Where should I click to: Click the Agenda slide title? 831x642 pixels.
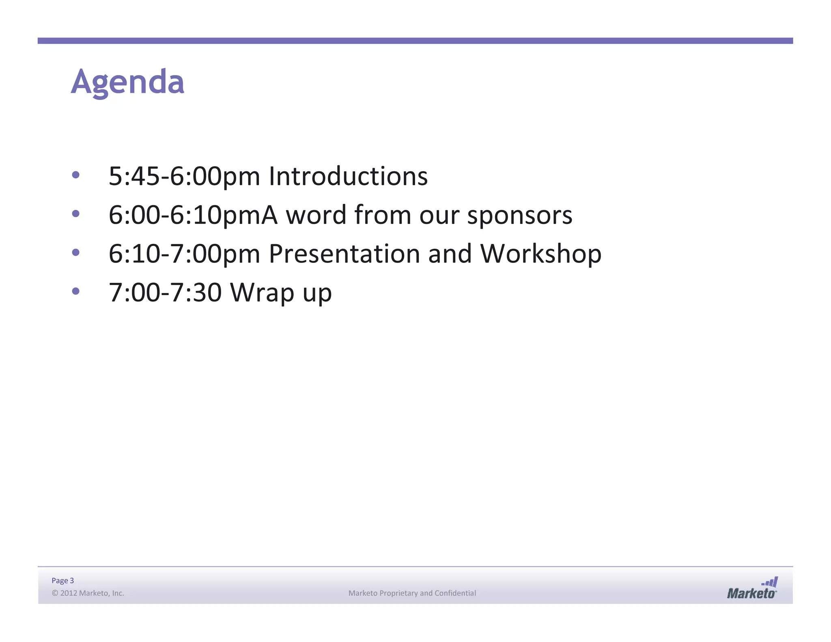pos(127,82)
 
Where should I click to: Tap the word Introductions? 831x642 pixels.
pos(348,176)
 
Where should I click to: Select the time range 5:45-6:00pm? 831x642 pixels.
pos(184,177)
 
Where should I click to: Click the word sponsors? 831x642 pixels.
pos(520,215)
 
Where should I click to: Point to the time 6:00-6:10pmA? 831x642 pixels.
pos(193,215)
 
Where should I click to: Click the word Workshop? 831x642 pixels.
pos(540,254)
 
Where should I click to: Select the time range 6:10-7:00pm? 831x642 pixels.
pos(184,254)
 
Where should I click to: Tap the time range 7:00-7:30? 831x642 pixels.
pos(165,292)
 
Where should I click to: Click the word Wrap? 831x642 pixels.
pos(262,292)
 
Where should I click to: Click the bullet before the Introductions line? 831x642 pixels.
pos(75,175)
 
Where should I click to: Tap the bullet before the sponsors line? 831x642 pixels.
pos(75,213)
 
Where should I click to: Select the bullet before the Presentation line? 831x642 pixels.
pos(75,252)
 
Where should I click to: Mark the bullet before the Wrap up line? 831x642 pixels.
pos(75,291)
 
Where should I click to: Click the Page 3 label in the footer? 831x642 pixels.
pos(63,581)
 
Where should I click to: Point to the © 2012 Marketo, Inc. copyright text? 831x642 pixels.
pos(88,593)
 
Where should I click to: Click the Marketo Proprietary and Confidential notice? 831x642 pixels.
pos(412,593)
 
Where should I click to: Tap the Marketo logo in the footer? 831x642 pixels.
pos(752,588)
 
